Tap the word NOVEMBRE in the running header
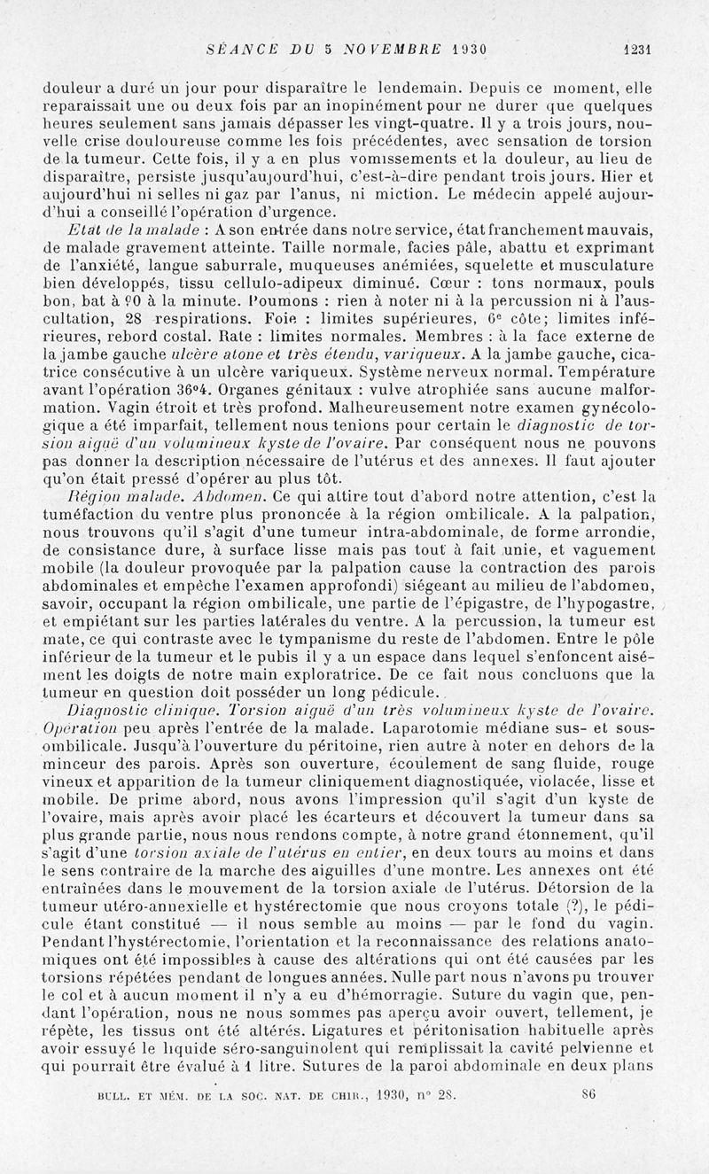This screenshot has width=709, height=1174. click(x=390, y=50)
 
